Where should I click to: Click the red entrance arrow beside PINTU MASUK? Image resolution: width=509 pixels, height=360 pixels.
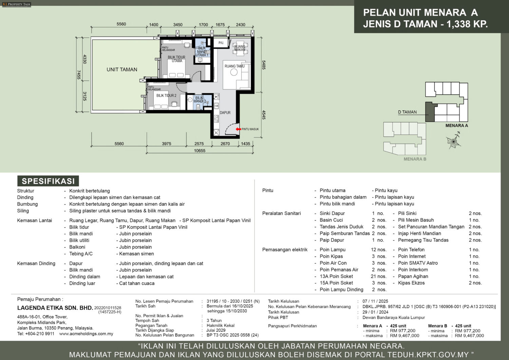click(238, 129)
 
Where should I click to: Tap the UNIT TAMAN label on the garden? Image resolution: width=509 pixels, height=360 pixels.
click(122, 70)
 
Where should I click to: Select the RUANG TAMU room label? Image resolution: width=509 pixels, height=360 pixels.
click(234, 66)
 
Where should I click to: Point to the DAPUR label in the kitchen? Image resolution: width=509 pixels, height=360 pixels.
click(225, 113)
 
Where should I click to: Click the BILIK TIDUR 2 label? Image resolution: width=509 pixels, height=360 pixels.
click(166, 95)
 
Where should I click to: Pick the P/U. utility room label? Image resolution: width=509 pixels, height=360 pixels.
click(221, 43)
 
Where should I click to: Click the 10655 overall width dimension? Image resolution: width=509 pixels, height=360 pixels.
click(200, 150)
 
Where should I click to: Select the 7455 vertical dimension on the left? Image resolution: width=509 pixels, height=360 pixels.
click(79, 75)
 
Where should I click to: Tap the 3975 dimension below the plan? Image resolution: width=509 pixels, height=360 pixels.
click(167, 144)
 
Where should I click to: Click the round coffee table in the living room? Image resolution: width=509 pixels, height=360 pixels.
click(234, 72)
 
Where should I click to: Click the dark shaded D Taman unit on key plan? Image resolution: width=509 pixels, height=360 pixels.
click(430, 112)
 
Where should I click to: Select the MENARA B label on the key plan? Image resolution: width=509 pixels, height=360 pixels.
click(415, 159)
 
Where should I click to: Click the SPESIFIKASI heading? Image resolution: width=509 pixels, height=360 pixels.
click(48, 181)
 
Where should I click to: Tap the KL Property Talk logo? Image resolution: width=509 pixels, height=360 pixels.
click(16, 4)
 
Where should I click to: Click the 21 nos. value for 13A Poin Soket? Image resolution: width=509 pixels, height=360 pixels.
click(379, 277)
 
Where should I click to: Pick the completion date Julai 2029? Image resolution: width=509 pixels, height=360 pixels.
click(216, 330)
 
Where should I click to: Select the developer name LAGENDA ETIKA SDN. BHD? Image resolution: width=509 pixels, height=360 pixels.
click(55, 308)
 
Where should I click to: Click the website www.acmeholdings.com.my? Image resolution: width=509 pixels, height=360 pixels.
click(86, 334)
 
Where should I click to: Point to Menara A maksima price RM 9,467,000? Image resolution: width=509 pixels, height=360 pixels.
click(404, 336)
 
